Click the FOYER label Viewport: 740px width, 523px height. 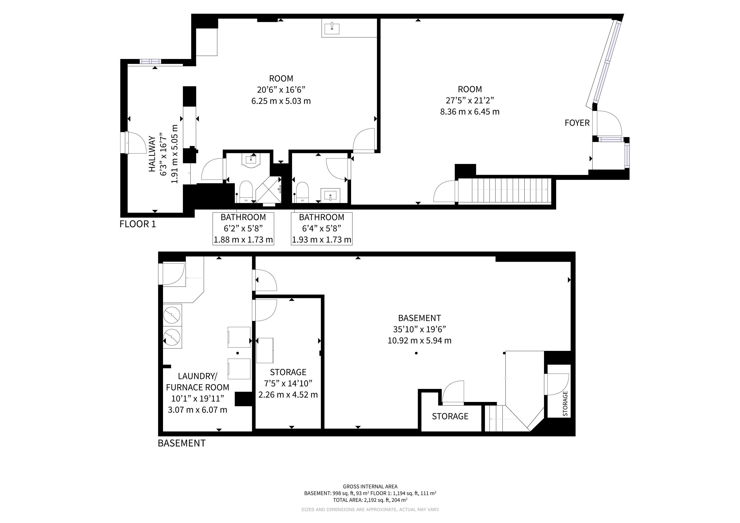577,123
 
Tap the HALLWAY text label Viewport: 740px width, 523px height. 152,154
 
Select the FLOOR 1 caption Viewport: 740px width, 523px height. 138,224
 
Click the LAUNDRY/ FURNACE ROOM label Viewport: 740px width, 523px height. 198,382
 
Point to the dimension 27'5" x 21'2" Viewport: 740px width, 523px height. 470,100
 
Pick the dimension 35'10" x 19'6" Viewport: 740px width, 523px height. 419,329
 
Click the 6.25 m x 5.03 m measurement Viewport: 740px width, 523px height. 281,101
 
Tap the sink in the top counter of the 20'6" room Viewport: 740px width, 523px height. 332,28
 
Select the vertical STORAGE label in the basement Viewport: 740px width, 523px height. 565,403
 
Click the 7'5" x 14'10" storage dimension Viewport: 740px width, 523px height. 288,383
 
